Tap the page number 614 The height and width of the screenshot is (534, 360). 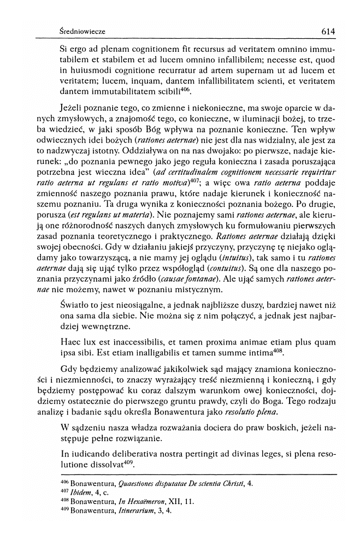(x=328, y=32)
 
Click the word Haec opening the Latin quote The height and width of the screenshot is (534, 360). (x=70, y=341)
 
